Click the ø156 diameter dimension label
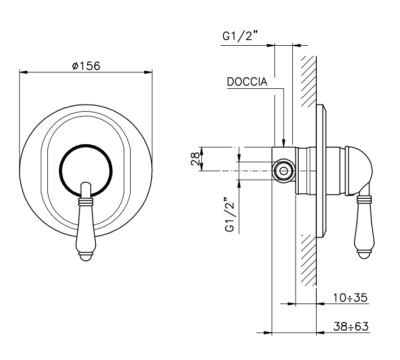tap(86, 66)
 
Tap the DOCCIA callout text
tap(247, 82)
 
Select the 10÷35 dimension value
tap(350, 297)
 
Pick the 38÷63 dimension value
tap(351, 326)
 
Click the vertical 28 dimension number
tap(195, 159)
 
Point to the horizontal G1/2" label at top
tap(239, 36)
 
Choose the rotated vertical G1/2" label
tap(230, 215)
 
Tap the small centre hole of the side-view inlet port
tap(283, 171)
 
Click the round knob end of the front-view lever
tap(86, 257)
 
